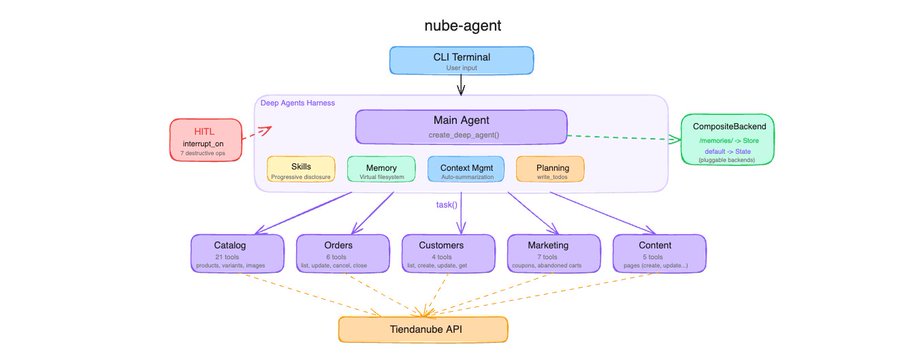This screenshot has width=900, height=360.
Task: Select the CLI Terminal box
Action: pos(461,59)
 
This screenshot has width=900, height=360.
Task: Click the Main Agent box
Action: pos(461,127)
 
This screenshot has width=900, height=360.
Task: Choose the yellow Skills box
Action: pos(301,169)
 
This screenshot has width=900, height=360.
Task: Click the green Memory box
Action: pos(382,169)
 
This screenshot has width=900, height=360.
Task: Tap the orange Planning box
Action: pos(549,169)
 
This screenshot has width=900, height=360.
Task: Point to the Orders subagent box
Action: pos(341,252)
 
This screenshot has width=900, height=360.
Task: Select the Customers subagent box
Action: pos(447,252)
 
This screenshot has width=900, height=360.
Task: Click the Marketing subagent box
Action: pos(552,252)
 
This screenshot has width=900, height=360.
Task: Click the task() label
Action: pos(446,204)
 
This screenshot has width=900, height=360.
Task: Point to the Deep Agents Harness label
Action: pos(296,103)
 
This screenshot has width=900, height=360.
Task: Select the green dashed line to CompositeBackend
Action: pos(620,136)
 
